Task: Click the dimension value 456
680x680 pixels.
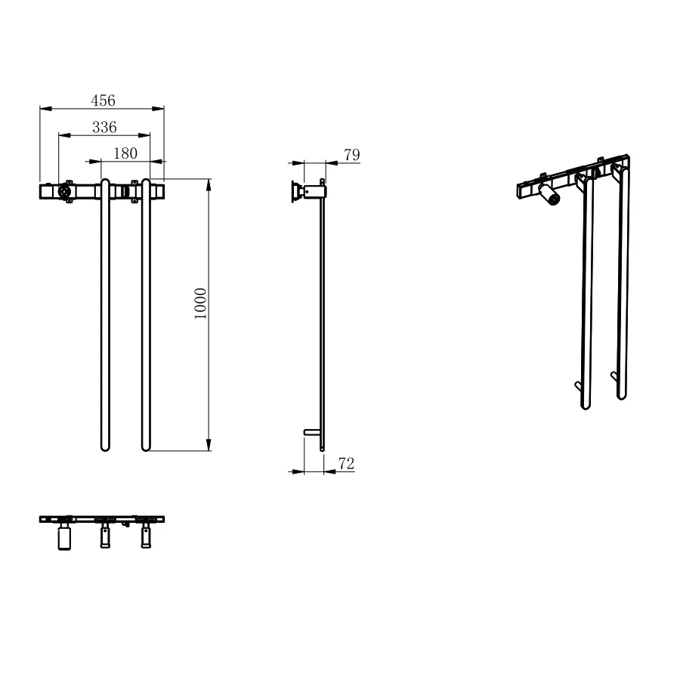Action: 103,100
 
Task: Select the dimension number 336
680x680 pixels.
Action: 104,127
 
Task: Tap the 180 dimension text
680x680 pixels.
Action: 125,153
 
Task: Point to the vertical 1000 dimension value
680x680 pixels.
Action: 200,303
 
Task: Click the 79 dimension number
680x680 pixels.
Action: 351,154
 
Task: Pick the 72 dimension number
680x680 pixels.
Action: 347,464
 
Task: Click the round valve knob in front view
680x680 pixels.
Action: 64,191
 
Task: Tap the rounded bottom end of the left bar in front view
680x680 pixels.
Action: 105,447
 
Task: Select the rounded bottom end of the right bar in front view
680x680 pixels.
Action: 146,447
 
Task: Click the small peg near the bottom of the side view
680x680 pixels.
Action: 312,432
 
